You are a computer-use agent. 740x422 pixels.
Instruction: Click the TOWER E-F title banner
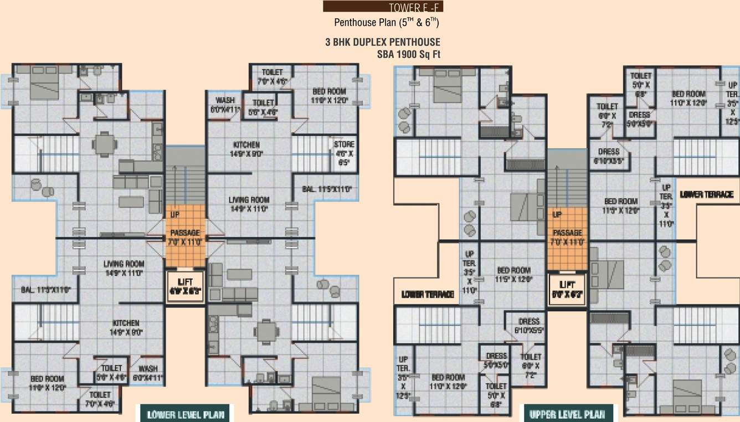click(x=383, y=7)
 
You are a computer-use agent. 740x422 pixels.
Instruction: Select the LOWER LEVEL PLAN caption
click(x=185, y=414)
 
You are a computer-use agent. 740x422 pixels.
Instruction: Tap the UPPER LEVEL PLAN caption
click(x=568, y=414)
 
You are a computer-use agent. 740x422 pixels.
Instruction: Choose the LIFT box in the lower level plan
click(x=185, y=286)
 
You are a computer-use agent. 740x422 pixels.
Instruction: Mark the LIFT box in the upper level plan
click(x=567, y=289)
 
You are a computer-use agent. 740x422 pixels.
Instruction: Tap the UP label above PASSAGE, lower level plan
click(x=174, y=214)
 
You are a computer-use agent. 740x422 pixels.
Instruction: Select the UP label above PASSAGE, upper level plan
click(x=557, y=214)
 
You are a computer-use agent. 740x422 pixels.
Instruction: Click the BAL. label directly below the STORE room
click(x=327, y=189)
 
